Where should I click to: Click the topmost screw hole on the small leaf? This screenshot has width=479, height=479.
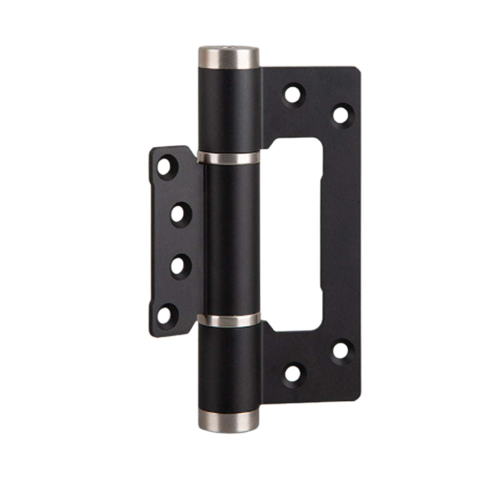pyautogui.click(x=164, y=166)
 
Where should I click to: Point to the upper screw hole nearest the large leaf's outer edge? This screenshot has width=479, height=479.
pyautogui.click(x=340, y=114)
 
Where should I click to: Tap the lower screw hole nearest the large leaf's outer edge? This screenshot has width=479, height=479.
pyautogui.click(x=340, y=351)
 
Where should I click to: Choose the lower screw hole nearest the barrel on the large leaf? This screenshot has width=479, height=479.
pyautogui.click(x=293, y=372)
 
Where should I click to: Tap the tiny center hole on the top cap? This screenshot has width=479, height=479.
pyautogui.click(x=228, y=49)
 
